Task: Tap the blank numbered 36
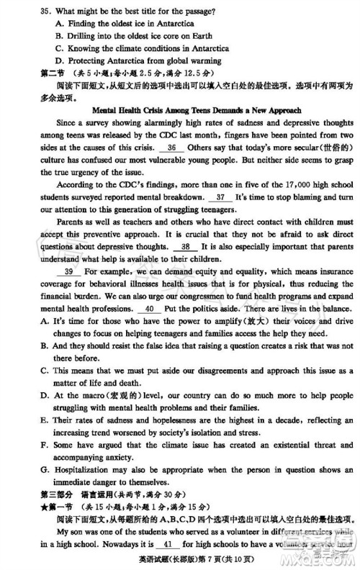pyautogui.click(x=171, y=147)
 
